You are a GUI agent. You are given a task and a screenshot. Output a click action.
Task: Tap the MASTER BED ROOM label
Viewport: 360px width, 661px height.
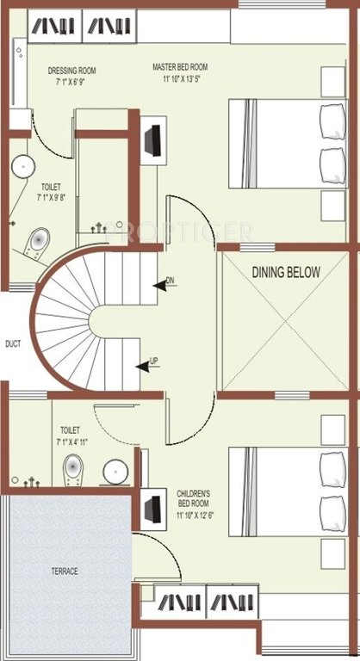(x=180, y=67)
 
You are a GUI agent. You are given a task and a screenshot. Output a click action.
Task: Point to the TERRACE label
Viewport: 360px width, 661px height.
(x=64, y=571)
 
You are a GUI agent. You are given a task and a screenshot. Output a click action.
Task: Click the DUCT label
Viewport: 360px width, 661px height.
(x=12, y=343)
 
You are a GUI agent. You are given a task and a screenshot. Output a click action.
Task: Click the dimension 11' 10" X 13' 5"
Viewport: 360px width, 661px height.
(x=181, y=79)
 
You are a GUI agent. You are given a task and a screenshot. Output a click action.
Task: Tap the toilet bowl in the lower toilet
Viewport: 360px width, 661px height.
(x=73, y=470)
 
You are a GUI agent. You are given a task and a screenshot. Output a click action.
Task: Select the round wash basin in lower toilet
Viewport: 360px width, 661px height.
(x=113, y=472)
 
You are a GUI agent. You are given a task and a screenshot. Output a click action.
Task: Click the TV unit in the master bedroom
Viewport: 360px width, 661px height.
(x=153, y=140)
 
